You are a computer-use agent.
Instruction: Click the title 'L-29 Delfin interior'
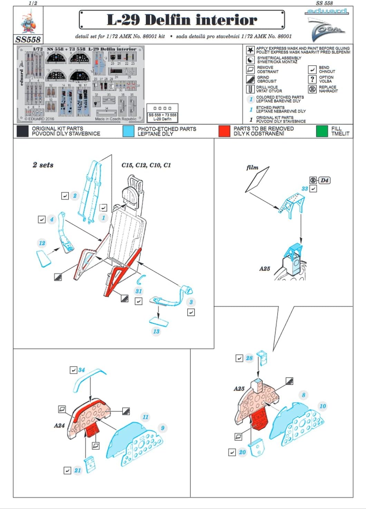click(182, 20)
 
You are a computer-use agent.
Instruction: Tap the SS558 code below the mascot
click(28, 39)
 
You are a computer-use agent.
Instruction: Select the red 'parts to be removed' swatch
click(224, 131)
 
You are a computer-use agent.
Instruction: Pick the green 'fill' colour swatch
click(322, 131)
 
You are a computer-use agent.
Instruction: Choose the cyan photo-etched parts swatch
click(128, 131)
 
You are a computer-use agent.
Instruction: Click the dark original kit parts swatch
click(22, 131)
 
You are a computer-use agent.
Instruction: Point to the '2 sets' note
click(43, 165)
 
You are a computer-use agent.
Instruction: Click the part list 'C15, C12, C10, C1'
click(146, 165)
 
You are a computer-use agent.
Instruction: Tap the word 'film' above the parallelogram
click(252, 167)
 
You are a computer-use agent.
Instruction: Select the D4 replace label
click(324, 180)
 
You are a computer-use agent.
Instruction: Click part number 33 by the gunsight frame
click(305, 189)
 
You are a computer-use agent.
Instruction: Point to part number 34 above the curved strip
click(81, 370)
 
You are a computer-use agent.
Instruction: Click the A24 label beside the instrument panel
click(59, 425)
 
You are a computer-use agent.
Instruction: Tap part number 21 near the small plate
click(78, 470)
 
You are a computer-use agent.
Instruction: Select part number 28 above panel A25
click(249, 358)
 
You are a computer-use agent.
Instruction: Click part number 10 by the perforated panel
click(322, 406)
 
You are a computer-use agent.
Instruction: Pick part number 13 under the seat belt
click(156, 332)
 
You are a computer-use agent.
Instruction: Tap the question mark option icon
click(312, 79)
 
